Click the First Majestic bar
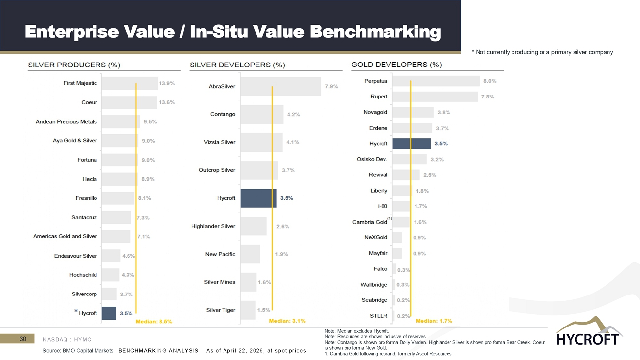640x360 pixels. [x=129, y=83]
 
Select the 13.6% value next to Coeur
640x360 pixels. [x=167, y=102]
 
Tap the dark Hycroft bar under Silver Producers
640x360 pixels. [x=109, y=313]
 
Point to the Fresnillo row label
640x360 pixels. [x=86, y=198]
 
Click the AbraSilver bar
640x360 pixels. [x=281, y=86]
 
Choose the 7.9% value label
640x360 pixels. [x=331, y=86]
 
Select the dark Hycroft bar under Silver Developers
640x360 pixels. [x=258, y=198]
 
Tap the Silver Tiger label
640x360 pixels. [x=221, y=310]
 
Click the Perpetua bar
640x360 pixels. [x=436, y=81]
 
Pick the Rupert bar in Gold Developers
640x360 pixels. [x=435, y=97]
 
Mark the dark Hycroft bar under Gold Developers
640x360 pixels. [x=412, y=144]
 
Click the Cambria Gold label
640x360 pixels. [x=370, y=222]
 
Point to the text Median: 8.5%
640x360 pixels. [x=154, y=322]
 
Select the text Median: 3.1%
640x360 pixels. [x=287, y=321]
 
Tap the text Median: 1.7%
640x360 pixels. [x=434, y=321]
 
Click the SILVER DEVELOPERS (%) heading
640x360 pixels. [x=237, y=65]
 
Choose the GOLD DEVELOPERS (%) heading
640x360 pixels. [x=397, y=65]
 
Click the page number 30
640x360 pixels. [x=23, y=339]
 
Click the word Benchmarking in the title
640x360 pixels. [x=375, y=32]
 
